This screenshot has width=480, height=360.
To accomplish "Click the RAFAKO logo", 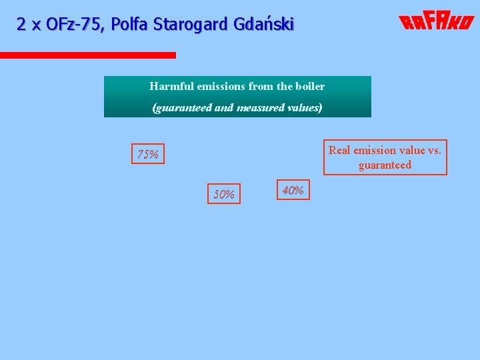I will (436, 23).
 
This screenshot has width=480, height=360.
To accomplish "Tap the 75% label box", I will (147, 155).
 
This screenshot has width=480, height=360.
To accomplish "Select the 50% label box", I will (224, 194).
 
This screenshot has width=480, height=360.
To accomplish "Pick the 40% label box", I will (293, 190).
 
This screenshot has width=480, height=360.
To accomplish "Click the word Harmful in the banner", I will (168, 86).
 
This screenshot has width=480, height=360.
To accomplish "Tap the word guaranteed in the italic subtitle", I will (183, 107).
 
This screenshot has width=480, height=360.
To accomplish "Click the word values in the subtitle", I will (304, 107).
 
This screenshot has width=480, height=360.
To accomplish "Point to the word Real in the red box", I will (340, 150).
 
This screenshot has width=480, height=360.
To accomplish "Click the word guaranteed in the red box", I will (385, 165).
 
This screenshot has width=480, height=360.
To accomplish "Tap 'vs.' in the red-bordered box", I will (434, 150).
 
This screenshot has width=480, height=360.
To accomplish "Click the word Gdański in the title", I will (264, 25).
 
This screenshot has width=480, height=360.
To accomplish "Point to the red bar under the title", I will (88, 55).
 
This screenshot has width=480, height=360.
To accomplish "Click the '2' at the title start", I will (21, 25).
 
